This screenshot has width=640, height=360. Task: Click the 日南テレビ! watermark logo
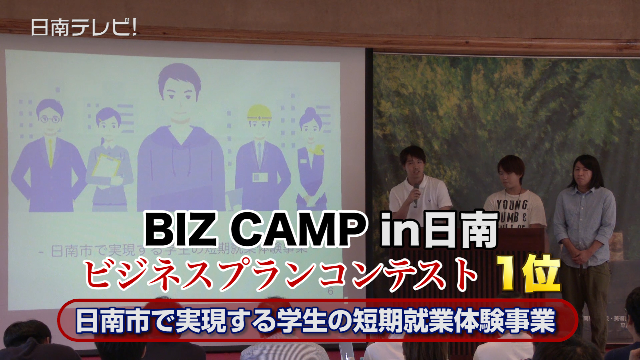[x=84, y=27]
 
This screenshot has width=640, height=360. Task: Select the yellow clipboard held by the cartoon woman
[x=106, y=165]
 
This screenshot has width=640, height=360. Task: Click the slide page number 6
[x=330, y=291]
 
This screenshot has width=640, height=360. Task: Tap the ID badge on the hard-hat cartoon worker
[x=257, y=176]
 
